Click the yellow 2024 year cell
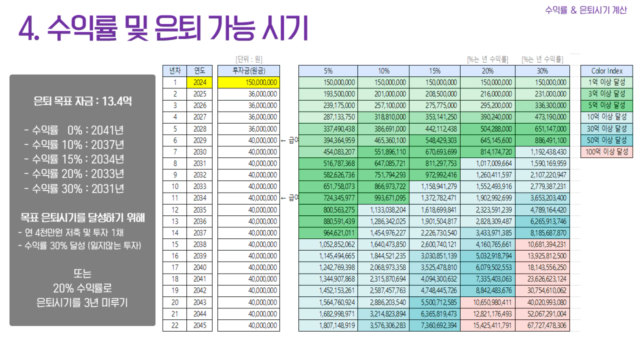click(199, 82)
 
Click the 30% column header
click(542, 71)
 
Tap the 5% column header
click(328, 71)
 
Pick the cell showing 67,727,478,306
click(542, 326)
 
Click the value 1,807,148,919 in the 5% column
click(328, 326)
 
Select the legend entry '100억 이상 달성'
click(607, 152)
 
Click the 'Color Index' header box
click(607, 71)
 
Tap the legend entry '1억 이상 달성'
click(607, 82)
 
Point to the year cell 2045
click(199, 326)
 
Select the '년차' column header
click(174, 71)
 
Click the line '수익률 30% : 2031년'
click(74, 189)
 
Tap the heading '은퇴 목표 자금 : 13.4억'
click(83, 101)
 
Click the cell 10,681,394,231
click(542, 245)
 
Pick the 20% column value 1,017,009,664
click(489, 164)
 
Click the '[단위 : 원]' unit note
click(248, 59)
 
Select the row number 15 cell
click(174, 245)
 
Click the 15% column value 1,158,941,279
click(436, 187)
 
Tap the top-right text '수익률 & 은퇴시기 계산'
click(586, 10)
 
